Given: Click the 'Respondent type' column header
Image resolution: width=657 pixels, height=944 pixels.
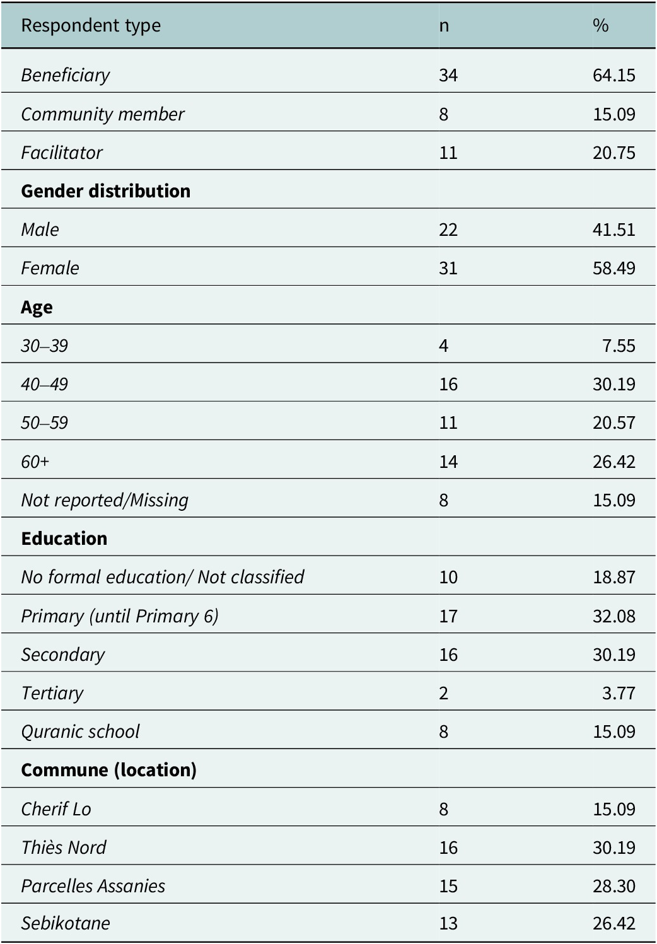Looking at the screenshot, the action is click(x=91, y=26).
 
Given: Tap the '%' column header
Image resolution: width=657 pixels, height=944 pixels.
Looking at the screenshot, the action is click(x=600, y=26).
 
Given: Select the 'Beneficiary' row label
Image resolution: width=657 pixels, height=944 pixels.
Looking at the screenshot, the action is click(x=66, y=76).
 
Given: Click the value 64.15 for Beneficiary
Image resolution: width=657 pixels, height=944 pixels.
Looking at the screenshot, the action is click(x=613, y=75).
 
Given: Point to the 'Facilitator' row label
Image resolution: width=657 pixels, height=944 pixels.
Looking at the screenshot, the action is click(x=62, y=153).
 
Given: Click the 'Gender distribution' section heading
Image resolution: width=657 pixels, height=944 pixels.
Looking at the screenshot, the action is click(x=106, y=191).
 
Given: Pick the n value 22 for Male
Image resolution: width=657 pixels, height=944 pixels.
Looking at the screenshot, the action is click(x=448, y=230).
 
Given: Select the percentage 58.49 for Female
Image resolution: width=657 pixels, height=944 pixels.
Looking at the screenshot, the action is click(x=613, y=268).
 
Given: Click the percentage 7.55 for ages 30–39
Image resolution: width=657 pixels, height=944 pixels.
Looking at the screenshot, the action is click(x=619, y=346).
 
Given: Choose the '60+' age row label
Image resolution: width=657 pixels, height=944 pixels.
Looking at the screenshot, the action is click(x=35, y=462).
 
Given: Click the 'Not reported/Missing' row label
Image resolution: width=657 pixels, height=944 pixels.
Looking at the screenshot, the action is click(x=105, y=501).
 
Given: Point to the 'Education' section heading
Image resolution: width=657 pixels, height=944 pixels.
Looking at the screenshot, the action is click(x=64, y=539).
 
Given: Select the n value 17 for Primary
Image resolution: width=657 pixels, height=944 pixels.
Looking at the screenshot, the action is click(x=448, y=616).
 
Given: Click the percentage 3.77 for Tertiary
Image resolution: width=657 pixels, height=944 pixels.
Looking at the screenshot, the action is click(x=619, y=693).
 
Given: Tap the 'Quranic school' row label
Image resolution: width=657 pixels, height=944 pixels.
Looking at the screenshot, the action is click(x=80, y=732).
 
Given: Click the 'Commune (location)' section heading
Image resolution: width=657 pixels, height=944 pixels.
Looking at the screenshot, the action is click(x=108, y=771).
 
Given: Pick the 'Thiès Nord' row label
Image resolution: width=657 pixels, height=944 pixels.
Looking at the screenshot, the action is click(x=64, y=848).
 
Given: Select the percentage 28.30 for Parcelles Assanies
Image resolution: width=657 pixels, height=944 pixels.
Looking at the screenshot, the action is click(x=613, y=886).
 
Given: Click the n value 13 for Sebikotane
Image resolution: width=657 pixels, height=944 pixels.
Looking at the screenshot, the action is click(x=448, y=923).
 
